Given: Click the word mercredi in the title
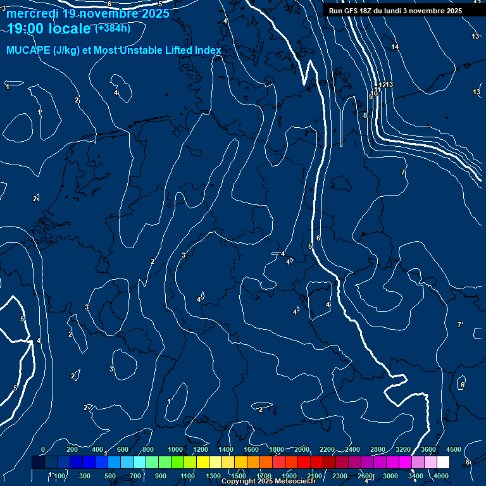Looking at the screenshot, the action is tap(32, 13).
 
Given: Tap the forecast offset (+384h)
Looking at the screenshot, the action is tap(113, 28).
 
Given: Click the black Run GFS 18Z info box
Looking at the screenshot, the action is tap(395, 11).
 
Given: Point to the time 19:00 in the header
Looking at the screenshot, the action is tap(25, 28).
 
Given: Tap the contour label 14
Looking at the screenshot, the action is tap(395, 47).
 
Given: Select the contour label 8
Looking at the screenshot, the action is tap(365, 115).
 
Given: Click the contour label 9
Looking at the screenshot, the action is tap(371, 97).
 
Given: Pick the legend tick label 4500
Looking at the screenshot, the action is tap(454, 449).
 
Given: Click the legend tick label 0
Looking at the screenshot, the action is tap(43, 449).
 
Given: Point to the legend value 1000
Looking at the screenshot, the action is tap(175, 449).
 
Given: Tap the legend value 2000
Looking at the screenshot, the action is tap(302, 449).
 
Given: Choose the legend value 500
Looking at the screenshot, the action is tap(110, 475).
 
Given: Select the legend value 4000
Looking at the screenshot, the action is tap(441, 475).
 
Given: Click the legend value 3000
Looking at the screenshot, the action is tap(390, 475).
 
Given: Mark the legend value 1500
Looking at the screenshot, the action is tap(239, 475).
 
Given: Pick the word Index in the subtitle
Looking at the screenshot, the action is tap(207, 51).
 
